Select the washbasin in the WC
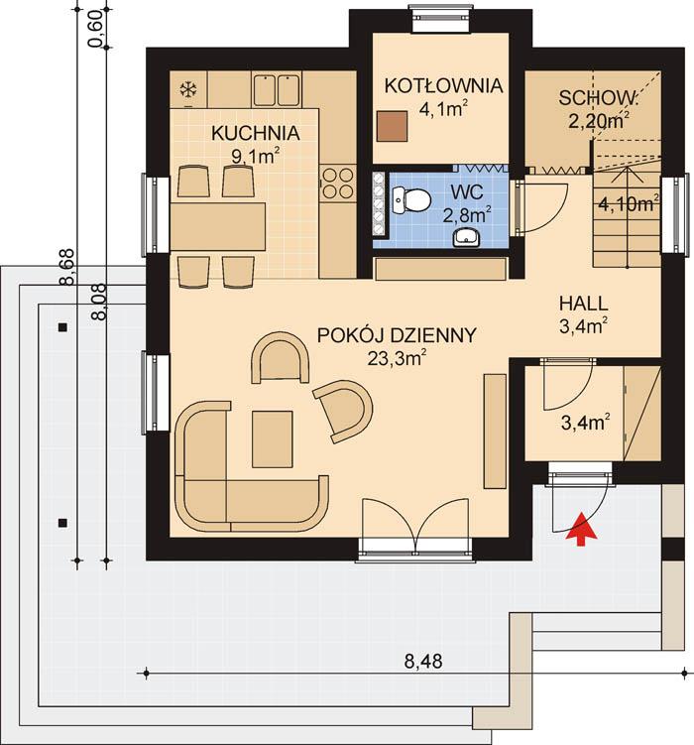pyautogui.click(x=468, y=236)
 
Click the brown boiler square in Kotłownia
pyautogui.click(x=394, y=124)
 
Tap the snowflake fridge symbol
pyautogui.click(x=186, y=90)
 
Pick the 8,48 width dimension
pyautogui.click(x=423, y=659)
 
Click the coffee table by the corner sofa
pyautogui.click(x=272, y=437)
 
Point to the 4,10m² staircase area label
pyautogui.click(x=628, y=205)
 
